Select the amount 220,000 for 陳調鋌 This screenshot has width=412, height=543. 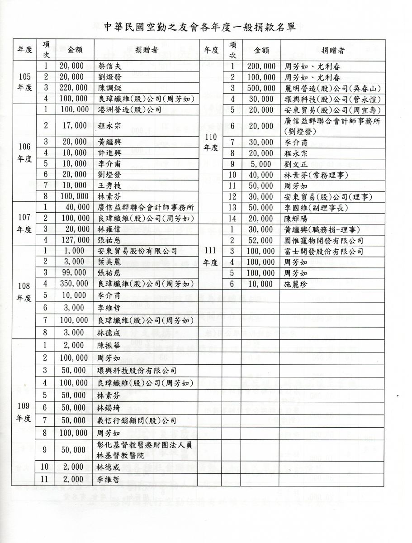[71, 88]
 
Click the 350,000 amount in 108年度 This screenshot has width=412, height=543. [71, 284]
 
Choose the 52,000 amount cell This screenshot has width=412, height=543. [262, 240]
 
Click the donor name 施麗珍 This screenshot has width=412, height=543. [297, 284]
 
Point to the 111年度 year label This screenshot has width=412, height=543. [211, 256]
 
